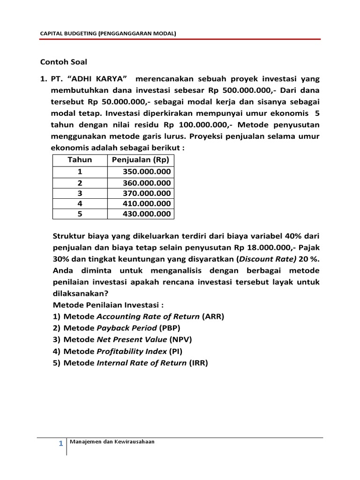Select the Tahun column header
(x=80, y=160)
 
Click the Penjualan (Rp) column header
(x=140, y=160)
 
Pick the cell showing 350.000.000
(x=147, y=172)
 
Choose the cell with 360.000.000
(x=147, y=183)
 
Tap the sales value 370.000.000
(x=147, y=193)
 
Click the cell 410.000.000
(x=147, y=204)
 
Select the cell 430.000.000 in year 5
(x=147, y=214)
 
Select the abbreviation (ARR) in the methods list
(x=213, y=316)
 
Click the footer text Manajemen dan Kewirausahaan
(x=112, y=442)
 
